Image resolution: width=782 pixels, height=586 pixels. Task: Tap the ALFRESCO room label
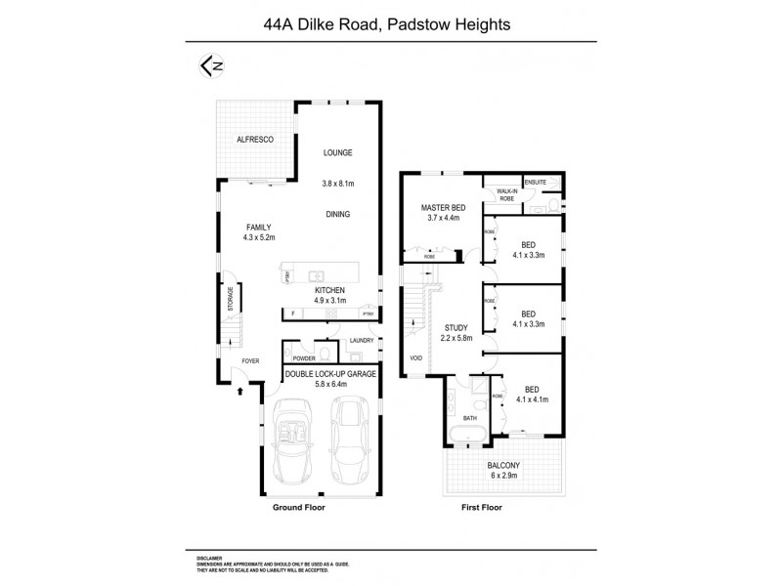point(254,141)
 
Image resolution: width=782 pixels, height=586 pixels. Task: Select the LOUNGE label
point(338,152)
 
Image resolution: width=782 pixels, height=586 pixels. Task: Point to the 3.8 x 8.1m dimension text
point(337,183)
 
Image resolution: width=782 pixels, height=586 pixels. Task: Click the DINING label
point(338,214)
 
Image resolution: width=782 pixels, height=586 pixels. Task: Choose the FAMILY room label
point(258,225)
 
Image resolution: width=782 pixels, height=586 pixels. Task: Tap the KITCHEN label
point(329,291)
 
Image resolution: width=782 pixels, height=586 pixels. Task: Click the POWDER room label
point(303,358)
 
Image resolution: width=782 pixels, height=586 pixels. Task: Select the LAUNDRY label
point(361,341)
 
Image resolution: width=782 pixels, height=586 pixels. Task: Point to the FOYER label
point(251,361)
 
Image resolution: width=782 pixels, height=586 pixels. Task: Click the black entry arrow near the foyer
point(240,392)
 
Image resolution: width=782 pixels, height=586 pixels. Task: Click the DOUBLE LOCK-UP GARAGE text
point(328,373)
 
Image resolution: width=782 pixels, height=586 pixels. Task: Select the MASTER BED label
point(443,208)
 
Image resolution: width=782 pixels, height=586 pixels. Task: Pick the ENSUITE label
point(536,183)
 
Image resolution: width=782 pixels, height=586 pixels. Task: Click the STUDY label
point(456,327)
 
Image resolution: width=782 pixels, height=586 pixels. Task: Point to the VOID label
point(416,357)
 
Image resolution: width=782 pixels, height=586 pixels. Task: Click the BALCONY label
point(504,465)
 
